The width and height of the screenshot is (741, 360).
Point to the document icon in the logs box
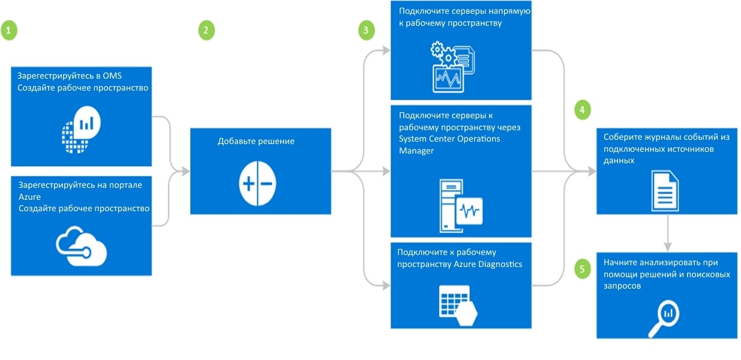click(665, 188)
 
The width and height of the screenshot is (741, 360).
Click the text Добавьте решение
click(256, 142)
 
